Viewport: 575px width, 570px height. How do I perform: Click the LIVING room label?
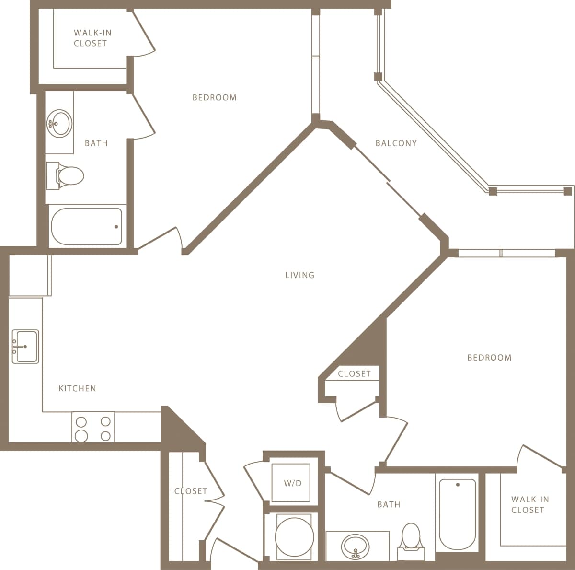(299, 275)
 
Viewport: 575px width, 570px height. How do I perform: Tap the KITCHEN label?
(77, 388)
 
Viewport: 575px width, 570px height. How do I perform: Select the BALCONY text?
(396, 143)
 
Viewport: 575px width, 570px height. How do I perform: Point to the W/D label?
(293, 483)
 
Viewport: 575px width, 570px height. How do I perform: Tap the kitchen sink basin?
(25, 346)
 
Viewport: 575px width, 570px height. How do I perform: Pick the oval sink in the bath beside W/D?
(356, 546)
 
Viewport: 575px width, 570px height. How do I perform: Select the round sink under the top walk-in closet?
(59, 123)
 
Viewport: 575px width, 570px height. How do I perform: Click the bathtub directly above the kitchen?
(87, 226)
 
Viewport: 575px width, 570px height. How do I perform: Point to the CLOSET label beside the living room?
(354, 374)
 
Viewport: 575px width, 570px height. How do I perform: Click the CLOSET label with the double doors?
(191, 491)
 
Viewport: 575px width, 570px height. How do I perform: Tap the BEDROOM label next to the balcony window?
(214, 97)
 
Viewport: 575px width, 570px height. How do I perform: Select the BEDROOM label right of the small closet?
(489, 357)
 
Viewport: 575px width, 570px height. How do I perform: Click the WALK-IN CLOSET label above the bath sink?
(90, 38)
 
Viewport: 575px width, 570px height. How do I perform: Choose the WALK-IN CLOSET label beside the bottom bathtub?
(529, 504)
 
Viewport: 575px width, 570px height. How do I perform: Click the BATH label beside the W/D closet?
(389, 504)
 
